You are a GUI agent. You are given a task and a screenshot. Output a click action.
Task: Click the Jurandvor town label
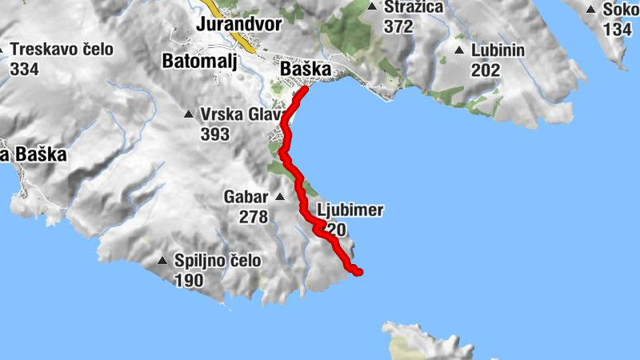tap(239, 24)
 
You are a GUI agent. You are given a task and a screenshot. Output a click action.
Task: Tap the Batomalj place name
tap(200, 61)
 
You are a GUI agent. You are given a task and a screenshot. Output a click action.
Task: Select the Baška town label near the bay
tap(306, 70)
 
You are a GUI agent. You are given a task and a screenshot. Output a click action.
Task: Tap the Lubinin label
tap(498, 50)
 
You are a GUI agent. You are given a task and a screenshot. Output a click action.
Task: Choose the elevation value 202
tap(485, 70)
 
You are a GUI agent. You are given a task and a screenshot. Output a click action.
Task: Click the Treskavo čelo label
tap(62, 50)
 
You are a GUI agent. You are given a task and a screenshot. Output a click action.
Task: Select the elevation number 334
tap(25, 69)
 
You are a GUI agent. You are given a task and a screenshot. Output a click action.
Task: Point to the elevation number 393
tap(215, 134)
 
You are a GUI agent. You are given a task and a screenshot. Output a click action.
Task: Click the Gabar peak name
tap(246, 197)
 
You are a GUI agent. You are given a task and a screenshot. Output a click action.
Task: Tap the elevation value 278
tap(254, 216)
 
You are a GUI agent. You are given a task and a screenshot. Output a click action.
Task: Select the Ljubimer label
tap(350, 211)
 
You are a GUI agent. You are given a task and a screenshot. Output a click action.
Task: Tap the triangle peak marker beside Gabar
tap(280, 197)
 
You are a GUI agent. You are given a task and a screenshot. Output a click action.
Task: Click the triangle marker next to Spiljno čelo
tap(163, 261)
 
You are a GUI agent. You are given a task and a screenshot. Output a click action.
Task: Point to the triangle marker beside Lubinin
tap(459, 50)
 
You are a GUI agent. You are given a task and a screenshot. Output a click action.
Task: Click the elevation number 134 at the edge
tap(618, 30)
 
